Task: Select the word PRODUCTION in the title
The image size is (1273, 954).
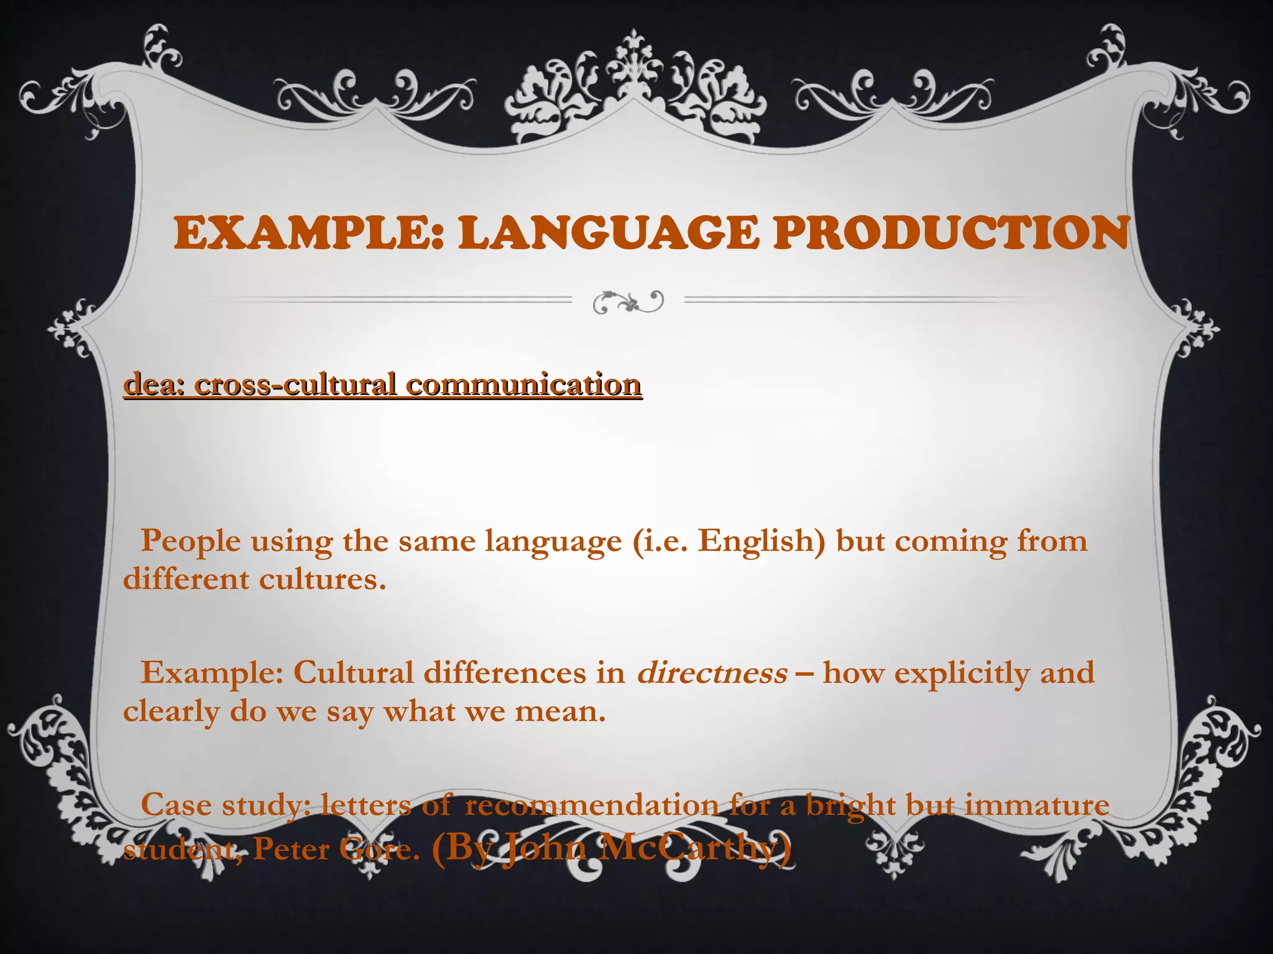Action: click(950, 234)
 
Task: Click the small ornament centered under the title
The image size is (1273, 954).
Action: click(628, 302)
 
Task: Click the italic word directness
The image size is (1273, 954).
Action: click(712, 673)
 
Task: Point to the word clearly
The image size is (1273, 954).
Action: click(171, 712)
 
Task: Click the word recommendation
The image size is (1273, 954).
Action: click(591, 806)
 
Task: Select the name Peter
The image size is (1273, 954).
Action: click(290, 849)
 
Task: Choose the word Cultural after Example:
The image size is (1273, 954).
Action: click(353, 673)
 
